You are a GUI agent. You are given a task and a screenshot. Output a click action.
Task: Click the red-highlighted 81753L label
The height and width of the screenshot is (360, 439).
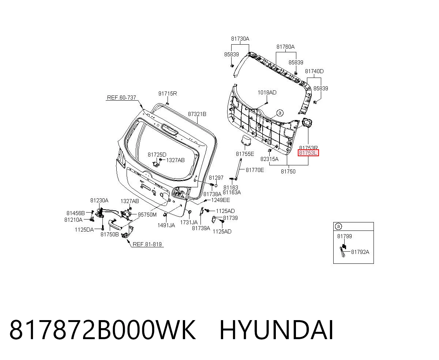coord(308,153)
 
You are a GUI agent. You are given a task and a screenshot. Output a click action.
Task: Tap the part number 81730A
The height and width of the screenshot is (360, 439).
coord(240,39)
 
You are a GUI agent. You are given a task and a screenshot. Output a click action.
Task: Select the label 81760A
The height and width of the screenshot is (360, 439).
coord(285,47)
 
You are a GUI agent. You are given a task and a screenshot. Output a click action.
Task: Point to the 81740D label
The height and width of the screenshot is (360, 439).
coord(314,71)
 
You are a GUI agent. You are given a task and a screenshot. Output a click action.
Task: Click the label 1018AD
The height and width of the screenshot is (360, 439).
coord(267,93)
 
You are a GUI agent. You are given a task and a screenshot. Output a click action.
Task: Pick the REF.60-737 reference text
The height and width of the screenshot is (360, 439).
coord(121,97)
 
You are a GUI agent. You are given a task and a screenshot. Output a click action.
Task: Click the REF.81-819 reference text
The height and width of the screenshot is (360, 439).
coord(147,244)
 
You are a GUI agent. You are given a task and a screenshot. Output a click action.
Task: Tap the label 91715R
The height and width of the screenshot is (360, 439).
coord(168,94)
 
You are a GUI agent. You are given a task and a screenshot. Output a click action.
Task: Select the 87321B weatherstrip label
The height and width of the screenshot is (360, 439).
coord(197,114)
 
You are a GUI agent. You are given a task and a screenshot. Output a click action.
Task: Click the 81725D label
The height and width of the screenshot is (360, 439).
coord(157,155)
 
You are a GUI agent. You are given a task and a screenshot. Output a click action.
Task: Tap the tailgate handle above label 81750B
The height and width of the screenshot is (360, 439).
coord(115,224)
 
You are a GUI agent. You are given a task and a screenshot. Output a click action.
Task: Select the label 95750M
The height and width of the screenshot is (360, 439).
coord(147,215)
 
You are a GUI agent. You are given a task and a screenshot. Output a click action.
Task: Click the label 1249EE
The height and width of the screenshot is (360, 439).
coord(221,200)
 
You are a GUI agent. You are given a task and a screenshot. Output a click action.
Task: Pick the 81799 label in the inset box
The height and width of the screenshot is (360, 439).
coord(345,236)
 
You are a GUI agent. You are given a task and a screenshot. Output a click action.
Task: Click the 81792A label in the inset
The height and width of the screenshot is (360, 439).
coord(360,252)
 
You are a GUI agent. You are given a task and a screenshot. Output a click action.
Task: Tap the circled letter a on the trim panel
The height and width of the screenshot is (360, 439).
coord(280,113)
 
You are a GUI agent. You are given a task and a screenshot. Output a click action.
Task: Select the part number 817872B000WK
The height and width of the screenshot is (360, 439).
coord(102,330)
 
